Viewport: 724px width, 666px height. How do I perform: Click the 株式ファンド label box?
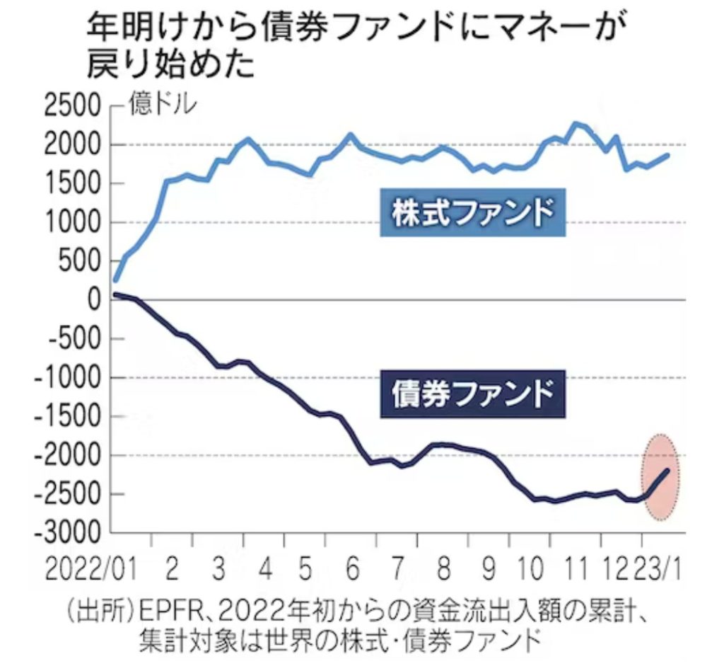[x=472, y=212]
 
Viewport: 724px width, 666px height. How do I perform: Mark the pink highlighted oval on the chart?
[x=660, y=477]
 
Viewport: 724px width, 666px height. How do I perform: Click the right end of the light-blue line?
[x=668, y=155]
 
